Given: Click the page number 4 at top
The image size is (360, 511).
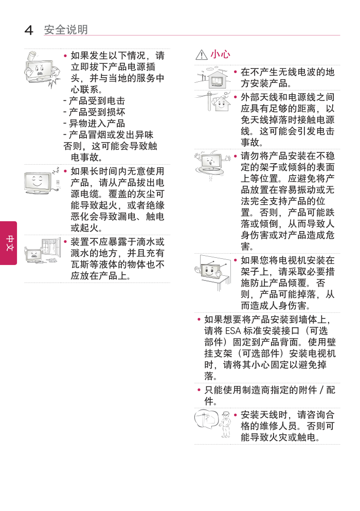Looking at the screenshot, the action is [x=29, y=30].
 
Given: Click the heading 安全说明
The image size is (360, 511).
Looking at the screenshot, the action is [x=66, y=30].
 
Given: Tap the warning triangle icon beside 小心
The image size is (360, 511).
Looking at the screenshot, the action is [x=201, y=55].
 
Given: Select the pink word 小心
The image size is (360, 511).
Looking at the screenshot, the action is [x=221, y=54].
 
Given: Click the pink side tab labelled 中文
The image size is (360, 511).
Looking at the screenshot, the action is [x=9, y=243].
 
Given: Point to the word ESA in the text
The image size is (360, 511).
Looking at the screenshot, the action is [x=232, y=331].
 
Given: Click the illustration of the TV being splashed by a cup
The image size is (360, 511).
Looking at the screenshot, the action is [x=42, y=69].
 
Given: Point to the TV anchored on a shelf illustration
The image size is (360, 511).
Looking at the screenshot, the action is [x=212, y=272].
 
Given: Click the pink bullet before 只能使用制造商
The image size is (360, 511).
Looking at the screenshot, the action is [x=199, y=390].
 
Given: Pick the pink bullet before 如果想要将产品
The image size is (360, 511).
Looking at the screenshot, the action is [x=199, y=320].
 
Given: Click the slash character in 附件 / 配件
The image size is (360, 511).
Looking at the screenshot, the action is [x=322, y=390].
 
